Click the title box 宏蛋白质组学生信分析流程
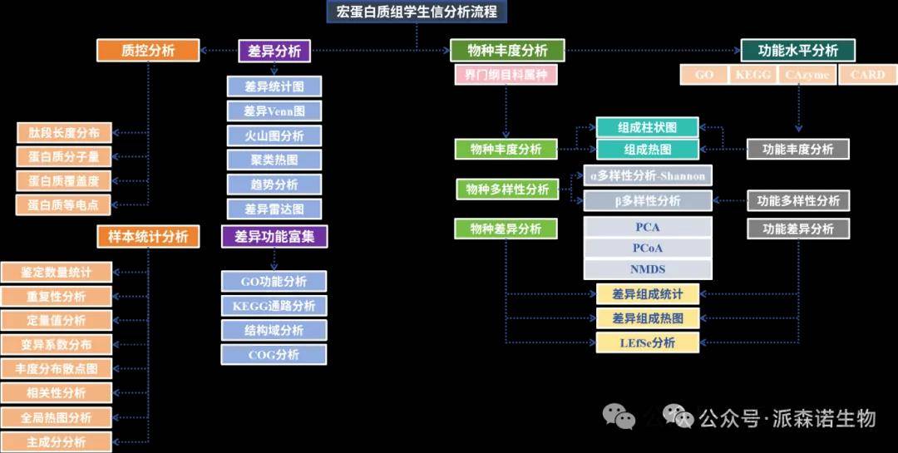coord(417,12)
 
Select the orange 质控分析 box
coord(149,50)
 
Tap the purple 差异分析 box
coord(274,51)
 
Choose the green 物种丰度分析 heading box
coord(507,51)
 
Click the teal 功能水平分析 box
coord(797,51)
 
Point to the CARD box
coord(867,75)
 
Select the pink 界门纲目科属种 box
coord(505,75)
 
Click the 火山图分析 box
coord(274,135)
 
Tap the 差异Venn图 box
coord(274,111)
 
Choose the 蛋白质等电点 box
coord(63,204)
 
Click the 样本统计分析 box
coord(148,237)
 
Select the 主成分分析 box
coord(57,441)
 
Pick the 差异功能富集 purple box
coord(274,237)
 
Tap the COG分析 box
coord(274,355)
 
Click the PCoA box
coord(648,248)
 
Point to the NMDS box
coord(648,269)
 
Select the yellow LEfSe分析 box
coord(648,342)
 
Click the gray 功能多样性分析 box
coord(798,200)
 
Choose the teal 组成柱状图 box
coord(647,128)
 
